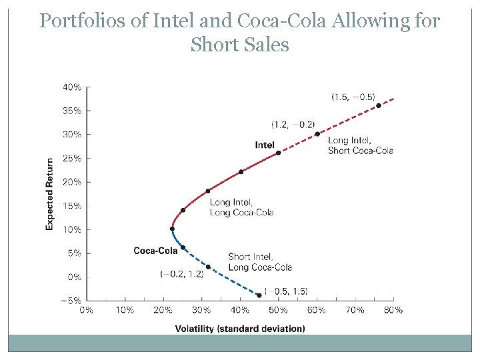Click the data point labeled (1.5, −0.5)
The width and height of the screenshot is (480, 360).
point(379,105)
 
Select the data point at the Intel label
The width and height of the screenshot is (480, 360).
point(279,153)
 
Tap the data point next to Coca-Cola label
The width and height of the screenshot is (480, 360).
point(183,247)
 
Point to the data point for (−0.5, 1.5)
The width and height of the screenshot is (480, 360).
point(259,295)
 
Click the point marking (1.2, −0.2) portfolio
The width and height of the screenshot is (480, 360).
point(317,133)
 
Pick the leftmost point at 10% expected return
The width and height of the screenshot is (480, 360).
point(172,229)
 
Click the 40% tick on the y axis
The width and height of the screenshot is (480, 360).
point(72,87)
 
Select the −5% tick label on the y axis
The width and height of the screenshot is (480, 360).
point(72,300)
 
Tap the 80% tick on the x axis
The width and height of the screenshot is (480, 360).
point(393,310)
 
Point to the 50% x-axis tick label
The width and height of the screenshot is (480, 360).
point(278,310)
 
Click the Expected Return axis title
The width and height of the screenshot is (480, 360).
point(50,194)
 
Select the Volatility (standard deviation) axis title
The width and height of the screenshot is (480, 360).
point(240,328)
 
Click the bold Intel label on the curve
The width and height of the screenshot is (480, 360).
point(265,145)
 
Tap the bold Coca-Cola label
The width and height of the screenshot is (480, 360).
point(155,251)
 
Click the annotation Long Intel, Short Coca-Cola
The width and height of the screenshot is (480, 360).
point(361,145)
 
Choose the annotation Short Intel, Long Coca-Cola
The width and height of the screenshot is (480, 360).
point(260,262)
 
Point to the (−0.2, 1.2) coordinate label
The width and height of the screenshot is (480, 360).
point(182,274)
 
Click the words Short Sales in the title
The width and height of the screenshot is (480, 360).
point(239,45)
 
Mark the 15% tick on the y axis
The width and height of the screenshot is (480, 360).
point(72,205)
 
